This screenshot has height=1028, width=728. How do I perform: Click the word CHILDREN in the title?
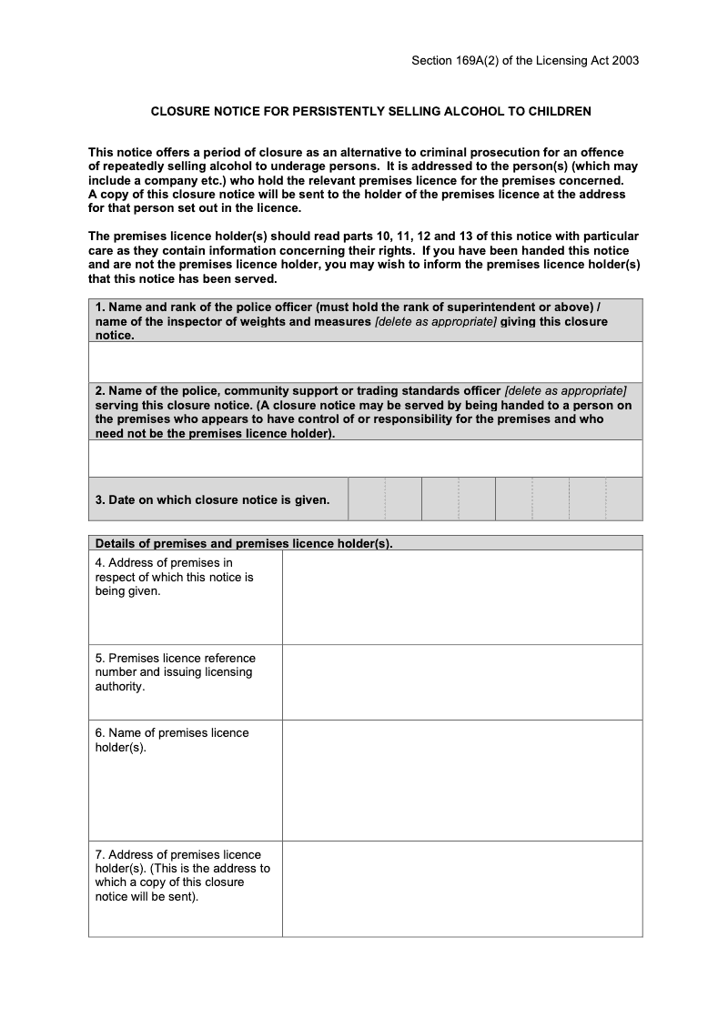(x=558, y=112)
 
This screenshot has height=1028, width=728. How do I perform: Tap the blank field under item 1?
(x=365, y=361)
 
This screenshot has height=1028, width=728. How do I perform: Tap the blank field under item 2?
(x=365, y=459)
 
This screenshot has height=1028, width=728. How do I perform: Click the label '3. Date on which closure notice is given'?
(x=212, y=499)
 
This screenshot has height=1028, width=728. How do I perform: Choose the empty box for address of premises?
(x=461, y=598)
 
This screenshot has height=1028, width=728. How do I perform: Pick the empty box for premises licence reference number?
(x=461, y=681)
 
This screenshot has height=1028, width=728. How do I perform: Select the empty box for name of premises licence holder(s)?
(x=461, y=780)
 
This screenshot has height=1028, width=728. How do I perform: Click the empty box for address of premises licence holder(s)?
(x=461, y=888)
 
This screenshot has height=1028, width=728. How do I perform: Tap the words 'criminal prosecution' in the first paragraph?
(x=495, y=153)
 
